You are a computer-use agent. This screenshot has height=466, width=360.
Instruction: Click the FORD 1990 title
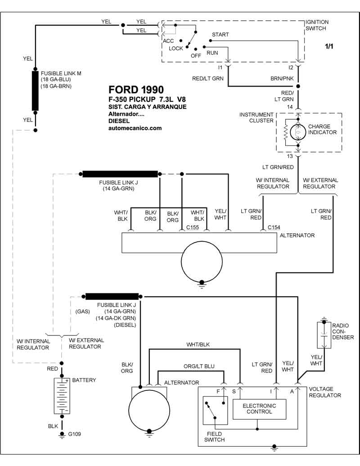136,90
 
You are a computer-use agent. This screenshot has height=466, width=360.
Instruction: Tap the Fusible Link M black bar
35,90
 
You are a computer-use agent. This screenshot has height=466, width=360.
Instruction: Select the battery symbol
62,396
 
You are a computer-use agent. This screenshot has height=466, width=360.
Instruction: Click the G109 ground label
74,434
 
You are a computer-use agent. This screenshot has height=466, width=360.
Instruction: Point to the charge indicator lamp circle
297,132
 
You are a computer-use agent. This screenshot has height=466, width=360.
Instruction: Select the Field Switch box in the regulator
215,411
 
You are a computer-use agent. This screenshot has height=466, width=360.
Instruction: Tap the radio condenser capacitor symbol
324,335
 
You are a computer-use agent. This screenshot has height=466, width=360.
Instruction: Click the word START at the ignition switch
220,35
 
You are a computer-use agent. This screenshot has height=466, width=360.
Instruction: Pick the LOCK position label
176,49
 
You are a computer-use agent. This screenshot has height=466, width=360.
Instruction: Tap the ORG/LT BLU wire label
199,366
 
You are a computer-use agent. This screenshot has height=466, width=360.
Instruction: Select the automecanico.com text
135,128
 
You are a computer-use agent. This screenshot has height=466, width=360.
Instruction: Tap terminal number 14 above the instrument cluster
290,107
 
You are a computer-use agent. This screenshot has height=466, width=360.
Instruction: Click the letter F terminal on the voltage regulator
218,391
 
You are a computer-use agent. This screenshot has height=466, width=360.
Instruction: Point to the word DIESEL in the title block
119,121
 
